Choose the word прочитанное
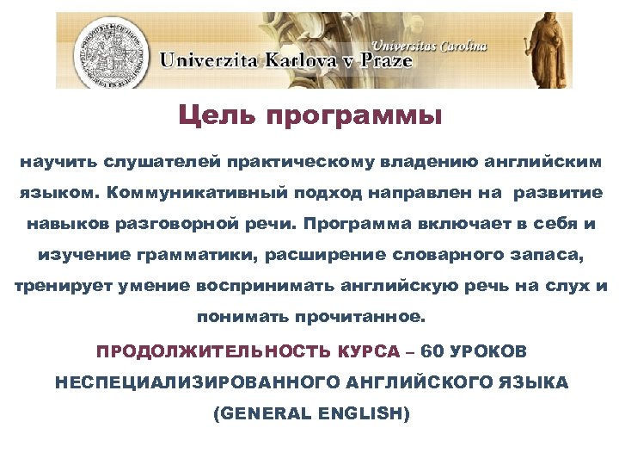pyautogui.click(x=370, y=316)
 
